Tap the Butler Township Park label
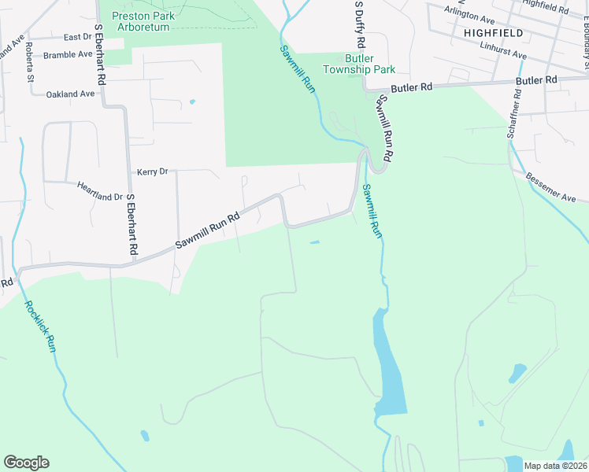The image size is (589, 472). click(370, 64)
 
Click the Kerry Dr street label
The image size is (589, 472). click(153, 171)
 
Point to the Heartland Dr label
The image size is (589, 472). click(100, 192)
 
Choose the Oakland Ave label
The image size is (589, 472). click(70, 94)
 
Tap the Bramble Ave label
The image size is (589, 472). click(68, 55)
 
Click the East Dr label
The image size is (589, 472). click(78, 37)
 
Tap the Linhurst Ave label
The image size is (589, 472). click(502, 50)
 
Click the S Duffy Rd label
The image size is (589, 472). click(360, 24)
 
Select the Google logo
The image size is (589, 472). click(26, 463)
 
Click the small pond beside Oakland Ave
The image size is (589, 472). click(192, 101)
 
